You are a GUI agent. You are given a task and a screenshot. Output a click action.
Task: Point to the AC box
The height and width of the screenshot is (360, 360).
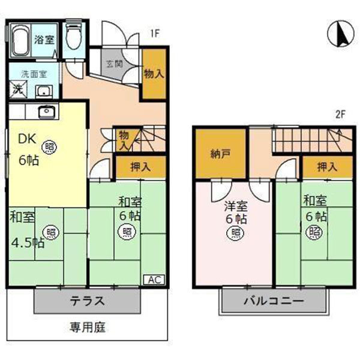[x=154, y=280]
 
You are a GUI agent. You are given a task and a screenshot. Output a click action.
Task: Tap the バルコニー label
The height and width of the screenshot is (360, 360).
[x=274, y=301]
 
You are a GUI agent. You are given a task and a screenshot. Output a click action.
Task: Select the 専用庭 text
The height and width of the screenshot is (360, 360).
[x=88, y=328]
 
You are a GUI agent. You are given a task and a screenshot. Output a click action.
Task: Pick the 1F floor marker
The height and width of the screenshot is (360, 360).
[x=154, y=34]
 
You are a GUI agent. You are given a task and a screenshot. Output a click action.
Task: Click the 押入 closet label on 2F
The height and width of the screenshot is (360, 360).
[x=326, y=166]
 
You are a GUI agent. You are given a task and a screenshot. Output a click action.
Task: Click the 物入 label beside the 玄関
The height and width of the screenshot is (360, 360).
[x=154, y=74]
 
